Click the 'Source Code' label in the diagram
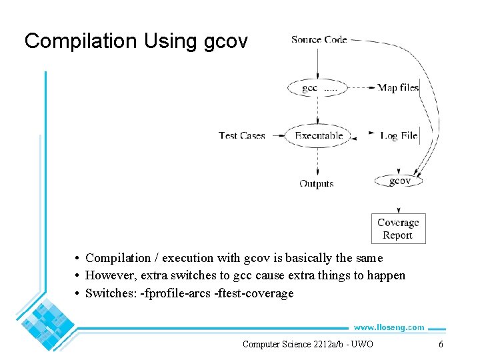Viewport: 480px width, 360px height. click(x=319, y=39)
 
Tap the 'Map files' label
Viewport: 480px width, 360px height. click(x=398, y=87)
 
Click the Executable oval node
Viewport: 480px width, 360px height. click(x=318, y=135)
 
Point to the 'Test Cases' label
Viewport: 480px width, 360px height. click(x=242, y=135)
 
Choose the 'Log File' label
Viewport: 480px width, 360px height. click(x=399, y=135)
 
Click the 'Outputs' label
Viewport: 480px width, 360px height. click(x=317, y=183)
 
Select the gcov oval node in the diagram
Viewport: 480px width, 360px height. click(x=399, y=181)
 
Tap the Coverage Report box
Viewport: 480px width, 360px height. click(x=398, y=229)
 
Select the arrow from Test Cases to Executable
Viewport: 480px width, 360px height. click(x=275, y=135)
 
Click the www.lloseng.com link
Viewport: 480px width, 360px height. click(x=389, y=327)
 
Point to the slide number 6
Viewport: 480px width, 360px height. click(x=441, y=344)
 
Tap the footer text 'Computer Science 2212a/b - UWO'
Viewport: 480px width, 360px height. click(x=307, y=344)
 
